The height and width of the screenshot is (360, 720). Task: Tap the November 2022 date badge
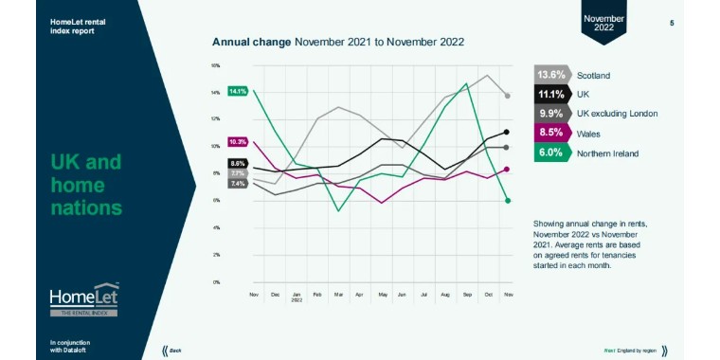(x=603, y=22)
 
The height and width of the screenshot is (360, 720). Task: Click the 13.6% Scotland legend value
(x=551, y=75)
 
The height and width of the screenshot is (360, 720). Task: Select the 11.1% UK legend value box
(x=551, y=94)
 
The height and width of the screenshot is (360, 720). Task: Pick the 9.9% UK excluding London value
(x=551, y=114)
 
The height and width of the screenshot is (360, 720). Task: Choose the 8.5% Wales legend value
(x=551, y=133)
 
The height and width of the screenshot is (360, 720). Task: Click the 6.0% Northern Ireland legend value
(x=551, y=153)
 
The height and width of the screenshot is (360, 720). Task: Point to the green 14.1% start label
(x=237, y=92)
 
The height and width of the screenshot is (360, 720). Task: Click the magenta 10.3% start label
(x=237, y=142)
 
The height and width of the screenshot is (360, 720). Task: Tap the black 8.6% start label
(x=237, y=163)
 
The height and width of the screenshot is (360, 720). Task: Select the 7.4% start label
(x=237, y=183)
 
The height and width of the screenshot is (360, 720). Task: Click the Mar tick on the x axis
(x=338, y=295)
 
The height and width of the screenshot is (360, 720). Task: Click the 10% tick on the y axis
(x=216, y=147)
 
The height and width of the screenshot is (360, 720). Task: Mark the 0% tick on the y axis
(x=216, y=282)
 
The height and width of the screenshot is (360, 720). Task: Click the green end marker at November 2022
(x=508, y=200)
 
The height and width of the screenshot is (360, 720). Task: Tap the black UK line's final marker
(x=508, y=132)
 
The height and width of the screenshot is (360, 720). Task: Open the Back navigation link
(x=174, y=351)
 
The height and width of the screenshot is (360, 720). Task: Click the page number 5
(x=672, y=23)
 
